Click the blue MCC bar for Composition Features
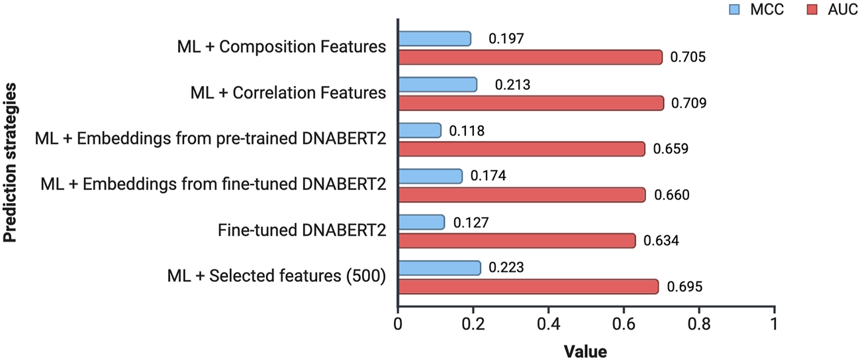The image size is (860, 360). click(x=434, y=38)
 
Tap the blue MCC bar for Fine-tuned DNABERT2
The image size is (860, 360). click(x=421, y=222)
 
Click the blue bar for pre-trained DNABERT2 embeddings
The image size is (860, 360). click(x=419, y=130)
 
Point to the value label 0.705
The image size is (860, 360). click(x=688, y=58)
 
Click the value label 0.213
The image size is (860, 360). click(x=512, y=85)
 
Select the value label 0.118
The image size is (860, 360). click(x=467, y=131)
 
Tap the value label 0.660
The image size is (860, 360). click(x=671, y=195)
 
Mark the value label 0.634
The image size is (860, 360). click(x=661, y=241)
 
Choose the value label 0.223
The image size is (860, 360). click(x=506, y=268)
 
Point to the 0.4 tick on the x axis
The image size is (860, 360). click(x=548, y=324)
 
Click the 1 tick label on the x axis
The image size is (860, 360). click(x=774, y=324)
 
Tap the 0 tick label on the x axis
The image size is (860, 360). click(x=397, y=324)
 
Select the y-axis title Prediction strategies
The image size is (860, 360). click(x=11, y=163)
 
